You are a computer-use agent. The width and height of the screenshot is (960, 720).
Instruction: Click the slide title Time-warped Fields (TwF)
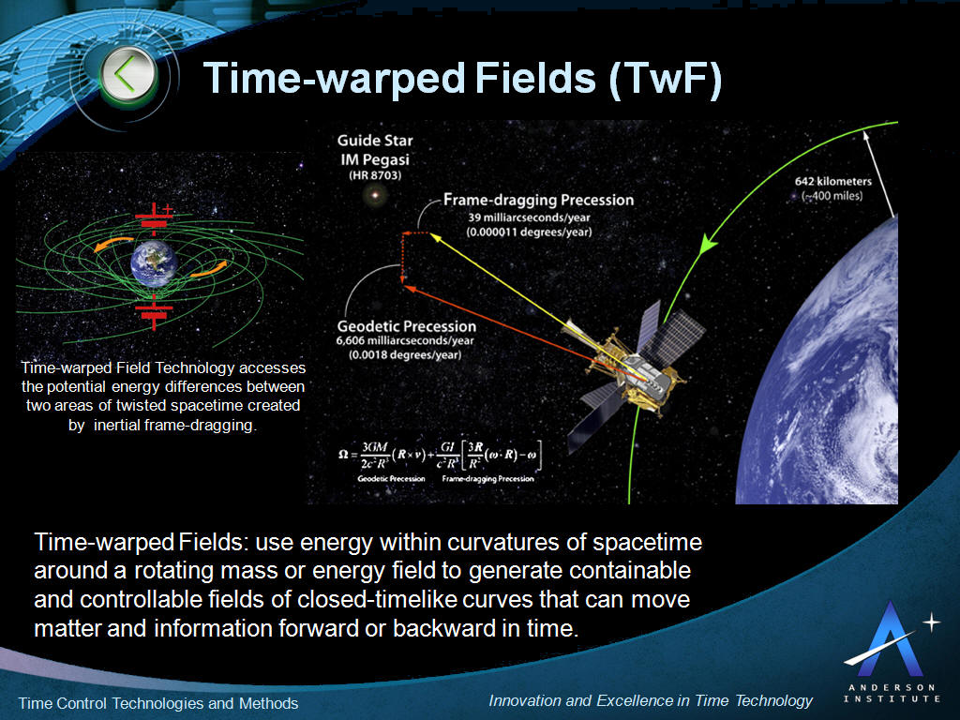pyautogui.click(x=462, y=79)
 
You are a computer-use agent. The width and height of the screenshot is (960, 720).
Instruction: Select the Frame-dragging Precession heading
pyautogui.click(x=538, y=200)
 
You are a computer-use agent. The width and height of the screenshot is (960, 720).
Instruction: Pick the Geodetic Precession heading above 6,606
pyautogui.click(x=406, y=326)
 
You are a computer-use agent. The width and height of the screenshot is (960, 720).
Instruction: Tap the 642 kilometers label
pyautogui.click(x=828, y=182)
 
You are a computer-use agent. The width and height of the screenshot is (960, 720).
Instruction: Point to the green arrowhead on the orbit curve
pyautogui.click(x=708, y=243)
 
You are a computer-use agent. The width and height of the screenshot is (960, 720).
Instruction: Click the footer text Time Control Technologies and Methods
pyautogui.click(x=158, y=703)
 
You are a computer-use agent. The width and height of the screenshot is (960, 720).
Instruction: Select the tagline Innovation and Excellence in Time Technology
pyautogui.click(x=651, y=700)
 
